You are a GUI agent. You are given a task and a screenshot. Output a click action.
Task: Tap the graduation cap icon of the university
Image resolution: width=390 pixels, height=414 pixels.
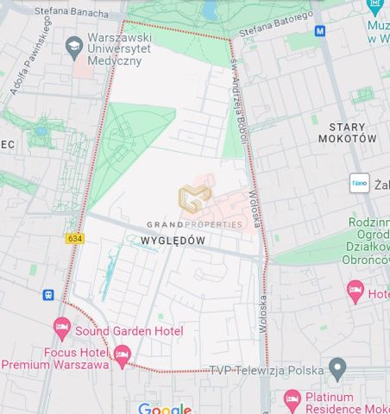tap(73, 44)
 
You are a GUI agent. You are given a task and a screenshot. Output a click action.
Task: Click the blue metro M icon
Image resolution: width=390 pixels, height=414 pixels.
tap(320, 31)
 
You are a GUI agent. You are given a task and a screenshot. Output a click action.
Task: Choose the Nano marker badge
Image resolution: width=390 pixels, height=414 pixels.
tap(359, 183)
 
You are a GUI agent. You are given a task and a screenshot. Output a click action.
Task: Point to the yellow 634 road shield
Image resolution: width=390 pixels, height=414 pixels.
tap(74, 238)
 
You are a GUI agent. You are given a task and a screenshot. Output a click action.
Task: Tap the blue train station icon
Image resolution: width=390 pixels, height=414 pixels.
tap(48, 295)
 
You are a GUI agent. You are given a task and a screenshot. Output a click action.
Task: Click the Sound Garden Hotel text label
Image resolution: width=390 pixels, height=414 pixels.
tap(129, 330)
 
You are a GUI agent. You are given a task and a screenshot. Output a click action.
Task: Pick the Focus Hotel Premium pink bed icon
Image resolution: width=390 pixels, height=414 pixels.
tap(122, 354)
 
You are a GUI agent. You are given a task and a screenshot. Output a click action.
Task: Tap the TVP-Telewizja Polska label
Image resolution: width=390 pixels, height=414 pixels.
tap(267, 370)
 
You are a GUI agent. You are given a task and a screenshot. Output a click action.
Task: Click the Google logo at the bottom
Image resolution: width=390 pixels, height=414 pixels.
tap(164, 408)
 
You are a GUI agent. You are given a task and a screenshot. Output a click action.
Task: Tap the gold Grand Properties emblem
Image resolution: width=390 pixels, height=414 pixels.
tap(194, 199)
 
